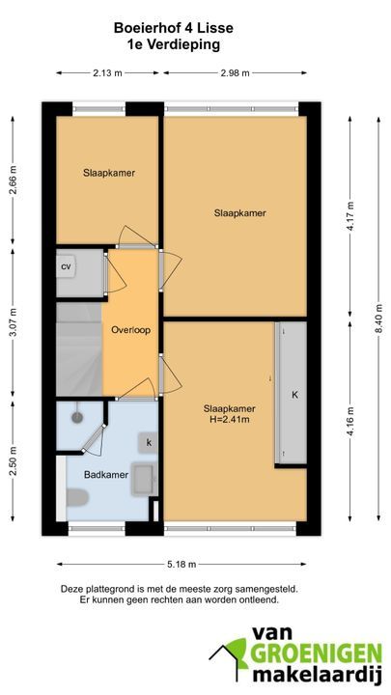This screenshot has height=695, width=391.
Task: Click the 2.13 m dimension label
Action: tap(107, 73)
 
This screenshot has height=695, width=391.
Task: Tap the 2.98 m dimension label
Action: tap(235, 73)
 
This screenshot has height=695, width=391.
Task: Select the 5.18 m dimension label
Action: tap(182, 565)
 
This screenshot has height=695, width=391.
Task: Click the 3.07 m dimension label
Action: tap(13, 321)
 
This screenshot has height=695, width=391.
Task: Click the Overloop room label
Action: tap(130, 330)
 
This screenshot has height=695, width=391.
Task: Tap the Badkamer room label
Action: tap(106, 475)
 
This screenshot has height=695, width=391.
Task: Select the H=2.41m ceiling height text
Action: tap(229, 419)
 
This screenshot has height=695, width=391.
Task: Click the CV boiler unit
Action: tap(66, 266)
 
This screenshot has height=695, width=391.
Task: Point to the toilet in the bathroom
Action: tap(77, 497)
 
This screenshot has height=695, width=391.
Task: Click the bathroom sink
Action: tap(145, 479)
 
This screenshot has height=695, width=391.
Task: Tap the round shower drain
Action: tap(77, 417)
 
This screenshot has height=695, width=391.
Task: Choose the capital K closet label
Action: tap(294, 395)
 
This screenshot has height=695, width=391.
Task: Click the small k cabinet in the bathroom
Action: tap(149, 442)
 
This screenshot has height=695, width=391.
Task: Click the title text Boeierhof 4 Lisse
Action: tap(174, 28)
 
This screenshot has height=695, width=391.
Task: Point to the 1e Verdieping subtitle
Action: tap(174, 44)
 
